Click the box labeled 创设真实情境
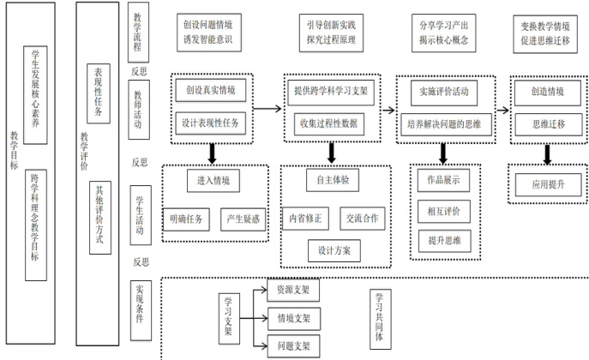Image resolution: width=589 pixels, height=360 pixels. (210, 90)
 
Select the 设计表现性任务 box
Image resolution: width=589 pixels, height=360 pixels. (212, 122)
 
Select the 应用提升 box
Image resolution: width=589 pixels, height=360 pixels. (548, 184)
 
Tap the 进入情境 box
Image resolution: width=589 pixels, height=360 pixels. (213, 181)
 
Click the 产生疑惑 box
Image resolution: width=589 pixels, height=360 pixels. (243, 219)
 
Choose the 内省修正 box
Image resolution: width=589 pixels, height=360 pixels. (306, 219)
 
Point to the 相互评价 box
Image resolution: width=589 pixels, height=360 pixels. (443, 209)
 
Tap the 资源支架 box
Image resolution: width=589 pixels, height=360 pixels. (292, 290)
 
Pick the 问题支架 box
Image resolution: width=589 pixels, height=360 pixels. (292, 346)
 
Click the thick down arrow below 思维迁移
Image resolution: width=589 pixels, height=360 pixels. (547, 152)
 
